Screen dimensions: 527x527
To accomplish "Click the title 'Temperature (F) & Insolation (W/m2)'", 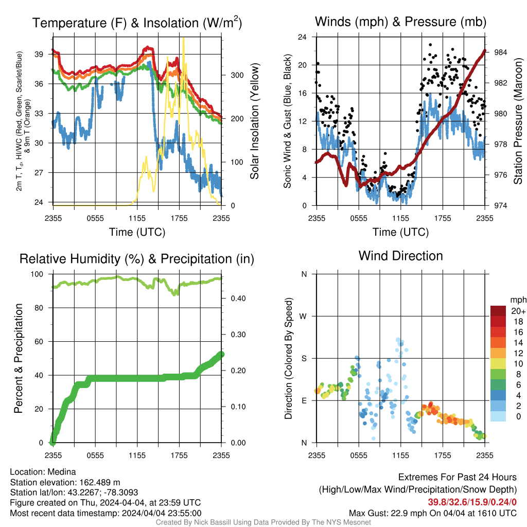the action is (x=137, y=23).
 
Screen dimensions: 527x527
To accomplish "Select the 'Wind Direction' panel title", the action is (x=400, y=256).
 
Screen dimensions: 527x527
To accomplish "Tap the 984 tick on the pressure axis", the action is (x=500, y=52).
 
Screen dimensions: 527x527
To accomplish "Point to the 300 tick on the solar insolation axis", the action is (x=237, y=75).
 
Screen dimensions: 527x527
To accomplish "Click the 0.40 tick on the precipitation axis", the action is (x=238, y=298).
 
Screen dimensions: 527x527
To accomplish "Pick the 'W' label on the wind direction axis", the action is (x=303, y=317).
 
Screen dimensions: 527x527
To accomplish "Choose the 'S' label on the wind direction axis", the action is (x=304, y=358).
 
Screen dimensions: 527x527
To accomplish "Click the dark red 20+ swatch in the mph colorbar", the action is (x=498, y=311).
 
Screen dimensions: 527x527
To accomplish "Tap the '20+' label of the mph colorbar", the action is (x=518, y=311).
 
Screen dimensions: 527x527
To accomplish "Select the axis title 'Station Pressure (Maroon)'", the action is (x=518, y=121).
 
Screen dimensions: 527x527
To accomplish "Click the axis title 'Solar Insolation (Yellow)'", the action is (x=254, y=121).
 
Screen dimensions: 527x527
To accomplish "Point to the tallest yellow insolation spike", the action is (x=184, y=38).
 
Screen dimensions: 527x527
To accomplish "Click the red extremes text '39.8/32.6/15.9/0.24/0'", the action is (x=472, y=502).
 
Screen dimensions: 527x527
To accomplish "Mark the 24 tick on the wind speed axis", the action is (x=302, y=37).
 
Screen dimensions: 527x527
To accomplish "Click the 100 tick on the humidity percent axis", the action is (x=37, y=274).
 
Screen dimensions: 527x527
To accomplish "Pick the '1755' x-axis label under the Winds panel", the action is (x=443, y=218).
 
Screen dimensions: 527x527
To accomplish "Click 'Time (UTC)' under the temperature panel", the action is (x=137, y=232).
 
